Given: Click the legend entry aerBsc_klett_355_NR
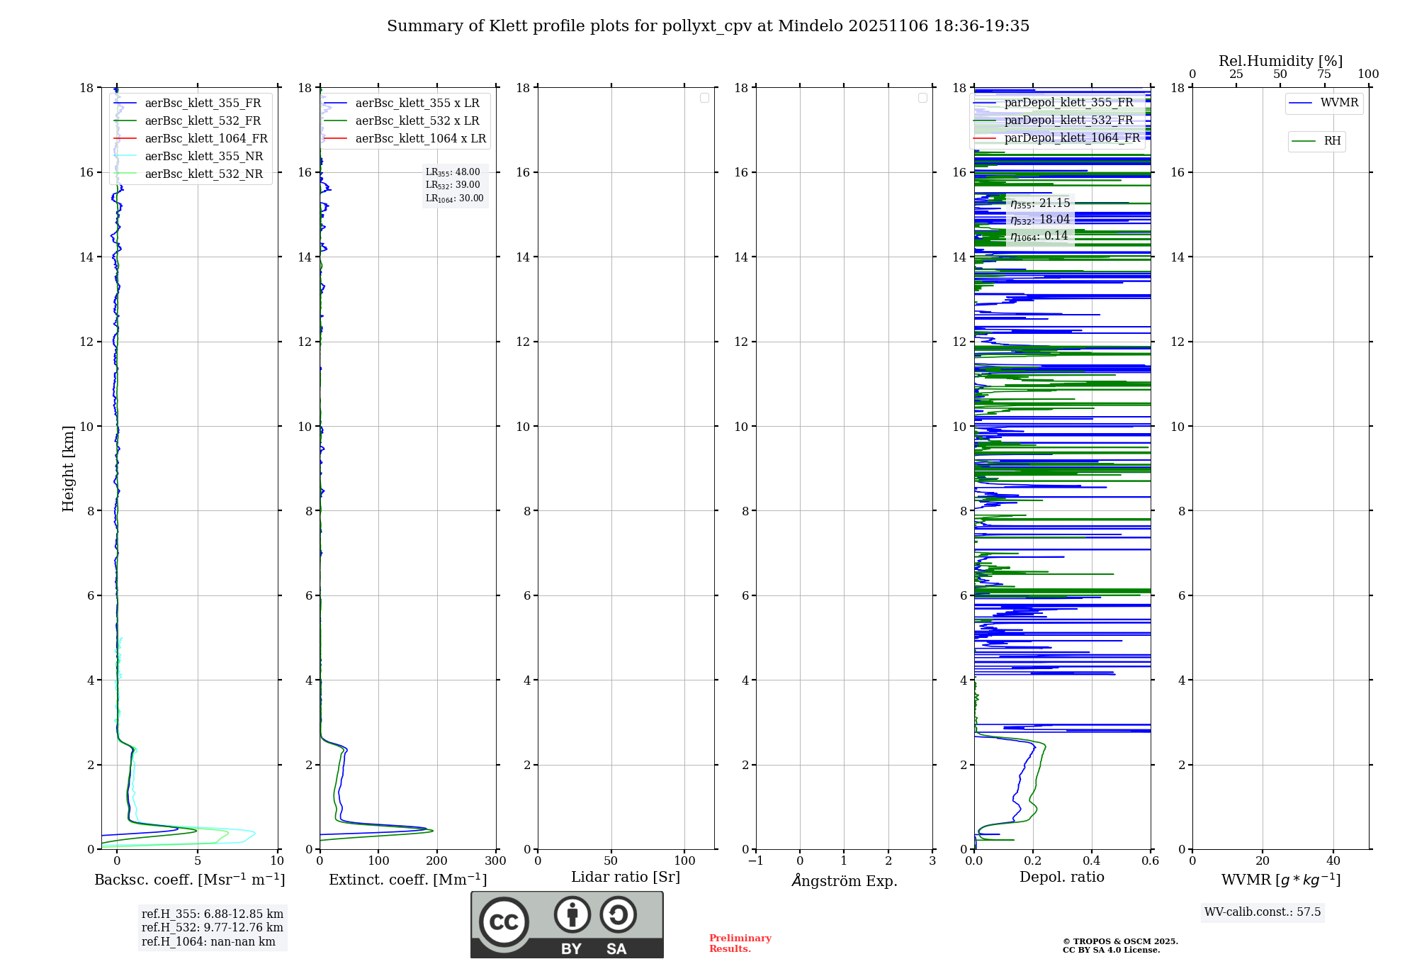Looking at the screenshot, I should (203, 156).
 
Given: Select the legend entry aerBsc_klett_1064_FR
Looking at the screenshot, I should (205, 138).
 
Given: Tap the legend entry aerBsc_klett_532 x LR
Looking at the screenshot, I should (417, 120).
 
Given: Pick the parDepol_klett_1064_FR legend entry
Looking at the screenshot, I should (1071, 138).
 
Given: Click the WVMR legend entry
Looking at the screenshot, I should (1338, 103).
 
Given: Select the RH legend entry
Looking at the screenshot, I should (1331, 141).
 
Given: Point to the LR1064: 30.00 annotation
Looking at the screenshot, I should (454, 198).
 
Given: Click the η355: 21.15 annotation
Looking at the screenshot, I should (1039, 203).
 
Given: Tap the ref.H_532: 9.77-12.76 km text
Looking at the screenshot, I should (212, 927).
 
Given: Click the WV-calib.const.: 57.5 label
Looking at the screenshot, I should (1262, 912).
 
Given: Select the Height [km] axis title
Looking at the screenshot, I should (68, 468).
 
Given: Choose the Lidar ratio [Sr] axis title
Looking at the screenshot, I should (625, 877).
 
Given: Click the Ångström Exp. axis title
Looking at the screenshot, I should (844, 880).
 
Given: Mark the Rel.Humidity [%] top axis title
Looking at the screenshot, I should (1280, 61).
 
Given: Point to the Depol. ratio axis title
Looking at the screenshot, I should (1061, 877).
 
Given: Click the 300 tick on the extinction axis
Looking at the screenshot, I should (495, 861).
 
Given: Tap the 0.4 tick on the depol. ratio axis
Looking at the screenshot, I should (1091, 861).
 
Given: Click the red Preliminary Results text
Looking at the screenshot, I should (740, 943).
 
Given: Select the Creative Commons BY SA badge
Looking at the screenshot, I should (567, 924).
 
